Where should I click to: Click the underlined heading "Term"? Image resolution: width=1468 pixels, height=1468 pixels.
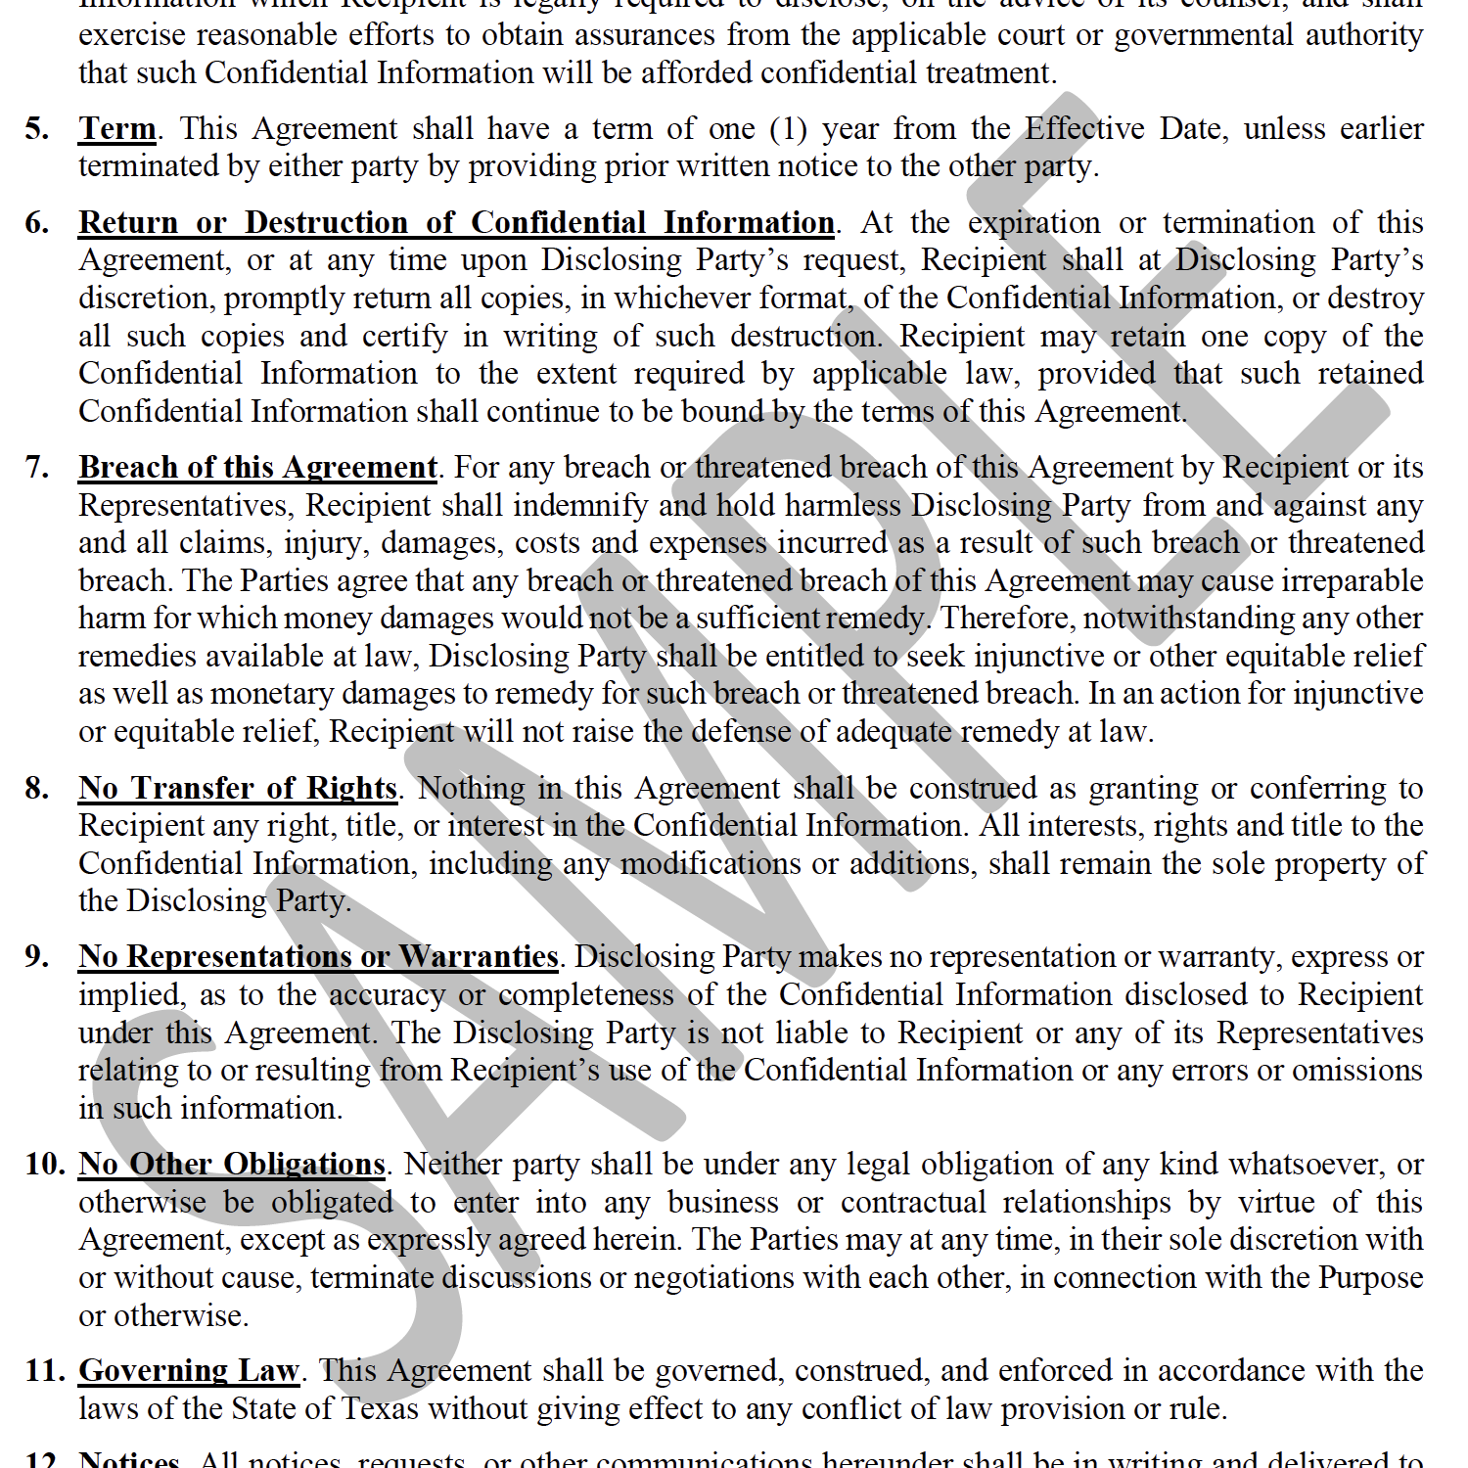coord(117,128)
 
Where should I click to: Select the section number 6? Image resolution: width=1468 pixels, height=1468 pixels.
coord(37,223)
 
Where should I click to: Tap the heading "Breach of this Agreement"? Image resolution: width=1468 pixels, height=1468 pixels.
coord(258,468)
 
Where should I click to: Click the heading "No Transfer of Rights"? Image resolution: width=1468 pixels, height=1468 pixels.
coord(238,788)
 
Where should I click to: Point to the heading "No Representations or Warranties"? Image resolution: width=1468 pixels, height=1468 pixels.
coord(318,956)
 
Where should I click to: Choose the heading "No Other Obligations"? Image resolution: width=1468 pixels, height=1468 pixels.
coord(232,1164)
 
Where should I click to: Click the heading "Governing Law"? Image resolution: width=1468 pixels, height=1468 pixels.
coord(189,1370)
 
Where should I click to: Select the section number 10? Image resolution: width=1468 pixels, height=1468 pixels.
coord(45,1164)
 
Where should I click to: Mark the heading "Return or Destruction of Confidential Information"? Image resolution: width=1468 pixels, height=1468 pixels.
coord(456,223)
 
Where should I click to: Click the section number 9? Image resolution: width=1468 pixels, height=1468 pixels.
coord(37,956)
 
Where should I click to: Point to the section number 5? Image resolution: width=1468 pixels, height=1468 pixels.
coord(37,129)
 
